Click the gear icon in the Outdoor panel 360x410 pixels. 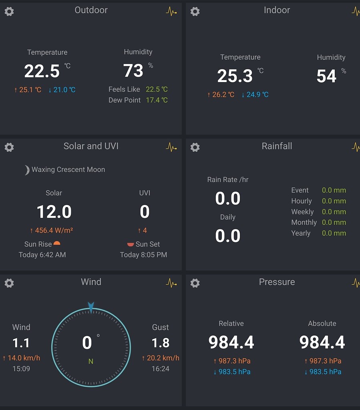(x=9, y=11)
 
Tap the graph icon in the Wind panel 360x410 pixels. (x=171, y=283)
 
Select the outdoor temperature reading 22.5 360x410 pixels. (x=42, y=71)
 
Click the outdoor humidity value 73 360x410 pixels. (x=133, y=71)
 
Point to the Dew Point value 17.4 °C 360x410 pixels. (x=157, y=100)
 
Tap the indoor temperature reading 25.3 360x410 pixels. (x=235, y=76)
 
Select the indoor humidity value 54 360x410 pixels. (x=326, y=76)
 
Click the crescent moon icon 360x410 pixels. (x=26, y=170)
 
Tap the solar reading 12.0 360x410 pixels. (x=54, y=212)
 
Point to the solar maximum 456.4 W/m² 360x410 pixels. (x=54, y=231)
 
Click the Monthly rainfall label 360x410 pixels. (x=304, y=223)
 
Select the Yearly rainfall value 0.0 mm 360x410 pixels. (x=334, y=233)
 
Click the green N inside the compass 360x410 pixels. (x=91, y=362)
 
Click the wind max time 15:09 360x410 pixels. (x=21, y=369)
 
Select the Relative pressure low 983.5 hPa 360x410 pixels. (x=234, y=372)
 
